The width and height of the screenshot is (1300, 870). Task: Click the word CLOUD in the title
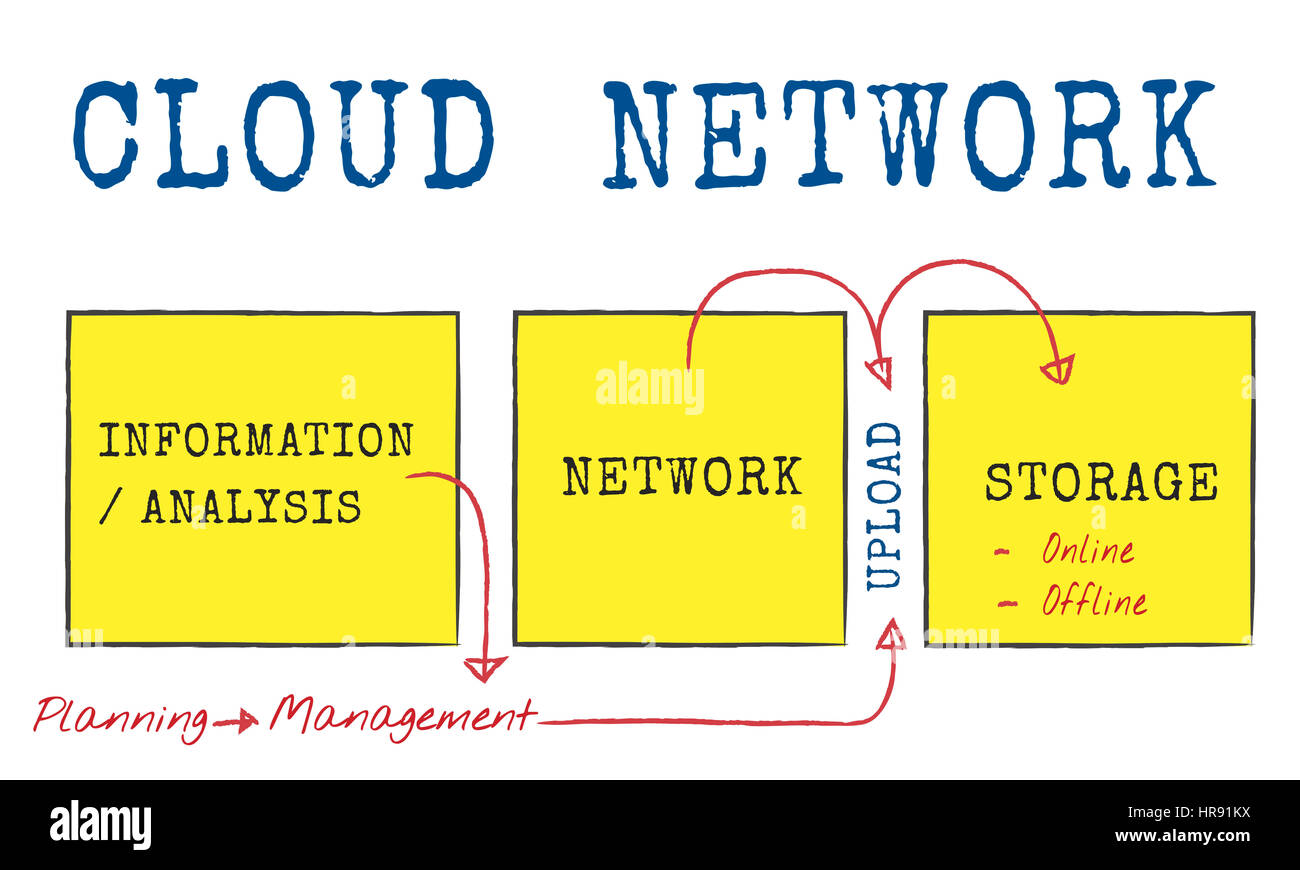pyautogui.click(x=284, y=134)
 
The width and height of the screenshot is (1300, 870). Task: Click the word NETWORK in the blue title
pyautogui.click(x=908, y=134)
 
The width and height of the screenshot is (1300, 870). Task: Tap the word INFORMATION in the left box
pyautogui.click(x=255, y=440)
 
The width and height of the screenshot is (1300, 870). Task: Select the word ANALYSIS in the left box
pyautogui.click(x=250, y=507)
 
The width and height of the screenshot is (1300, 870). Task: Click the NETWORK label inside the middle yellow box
pyautogui.click(x=682, y=476)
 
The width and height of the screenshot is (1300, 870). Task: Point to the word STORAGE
pyautogui.click(x=1101, y=482)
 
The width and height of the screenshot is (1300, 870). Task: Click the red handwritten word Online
pyautogui.click(x=1087, y=549)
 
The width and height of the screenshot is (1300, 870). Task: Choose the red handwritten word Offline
pyautogui.click(x=1093, y=601)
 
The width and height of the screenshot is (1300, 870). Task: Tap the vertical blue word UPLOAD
pyautogui.click(x=884, y=506)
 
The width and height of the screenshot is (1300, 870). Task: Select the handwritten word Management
pyautogui.click(x=402, y=716)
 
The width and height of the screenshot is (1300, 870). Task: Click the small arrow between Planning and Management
pyautogui.click(x=237, y=720)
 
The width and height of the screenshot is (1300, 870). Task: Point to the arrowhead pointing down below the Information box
pyautogui.click(x=486, y=667)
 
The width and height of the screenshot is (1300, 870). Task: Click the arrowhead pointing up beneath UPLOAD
pyautogui.click(x=891, y=635)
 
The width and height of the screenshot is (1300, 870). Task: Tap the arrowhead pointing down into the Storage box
pyautogui.click(x=1057, y=369)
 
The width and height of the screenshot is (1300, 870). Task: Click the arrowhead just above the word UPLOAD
pyautogui.click(x=878, y=373)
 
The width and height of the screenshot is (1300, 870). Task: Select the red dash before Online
pyautogui.click(x=1002, y=551)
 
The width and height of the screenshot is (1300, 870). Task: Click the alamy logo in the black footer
pyautogui.click(x=100, y=826)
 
